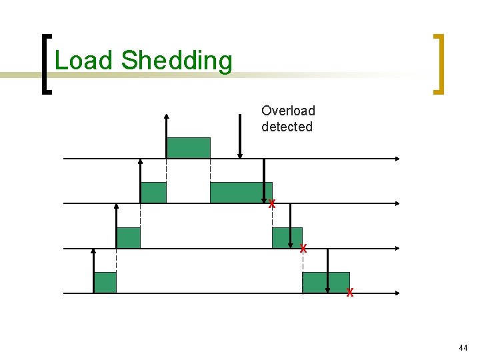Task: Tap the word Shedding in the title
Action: click(177, 61)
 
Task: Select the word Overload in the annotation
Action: click(288, 111)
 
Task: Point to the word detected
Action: click(287, 127)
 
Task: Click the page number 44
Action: click(463, 348)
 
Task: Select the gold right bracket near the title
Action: click(439, 64)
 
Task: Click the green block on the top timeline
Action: click(188, 147)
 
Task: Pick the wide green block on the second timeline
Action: click(241, 192)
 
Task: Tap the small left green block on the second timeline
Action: click(153, 192)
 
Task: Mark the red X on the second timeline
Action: click(271, 204)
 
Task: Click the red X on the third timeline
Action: click(303, 249)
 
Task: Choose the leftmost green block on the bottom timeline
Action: click(105, 283)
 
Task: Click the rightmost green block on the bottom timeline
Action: click(326, 282)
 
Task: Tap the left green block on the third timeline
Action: click(129, 237)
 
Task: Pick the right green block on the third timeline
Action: click(287, 237)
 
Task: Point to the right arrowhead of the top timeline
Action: click(397, 159)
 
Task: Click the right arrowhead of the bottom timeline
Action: click(397, 293)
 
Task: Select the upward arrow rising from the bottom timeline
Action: click(93, 270)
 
